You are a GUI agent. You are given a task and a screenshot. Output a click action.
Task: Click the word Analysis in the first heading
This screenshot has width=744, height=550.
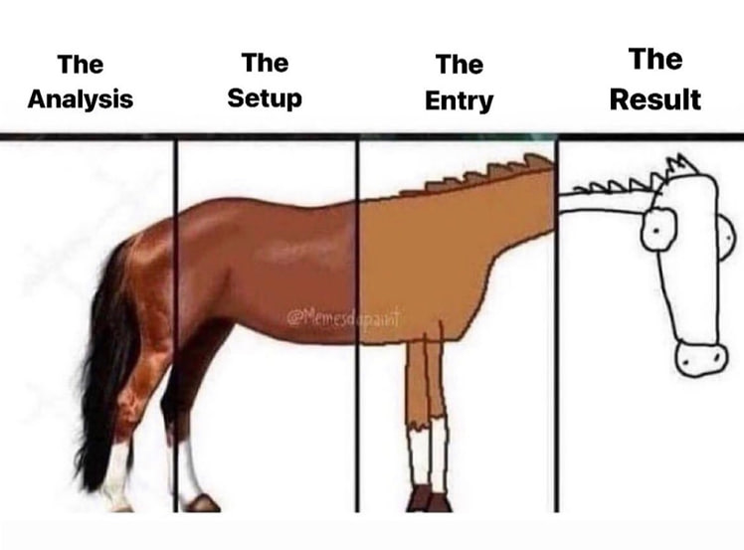(80, 99)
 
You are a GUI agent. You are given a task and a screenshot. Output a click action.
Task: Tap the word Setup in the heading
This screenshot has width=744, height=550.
(265, 98)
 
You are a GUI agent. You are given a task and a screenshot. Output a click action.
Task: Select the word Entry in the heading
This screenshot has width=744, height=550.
(459, 100)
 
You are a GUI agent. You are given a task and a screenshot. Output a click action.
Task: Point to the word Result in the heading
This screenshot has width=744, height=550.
(654, 99)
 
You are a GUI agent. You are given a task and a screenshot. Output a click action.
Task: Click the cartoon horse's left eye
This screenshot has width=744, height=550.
(657, 229)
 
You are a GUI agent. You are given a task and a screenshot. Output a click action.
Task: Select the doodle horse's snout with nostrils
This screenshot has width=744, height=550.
(700, 358)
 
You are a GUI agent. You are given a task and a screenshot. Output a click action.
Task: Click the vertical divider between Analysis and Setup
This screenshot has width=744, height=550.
(176, 328)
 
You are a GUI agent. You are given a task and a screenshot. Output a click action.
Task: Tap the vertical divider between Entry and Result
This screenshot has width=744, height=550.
(557, 328)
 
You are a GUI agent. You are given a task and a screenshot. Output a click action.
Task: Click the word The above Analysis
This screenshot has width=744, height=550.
(80, 65)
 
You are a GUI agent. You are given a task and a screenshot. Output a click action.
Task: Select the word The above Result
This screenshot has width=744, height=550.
(654, 60)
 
